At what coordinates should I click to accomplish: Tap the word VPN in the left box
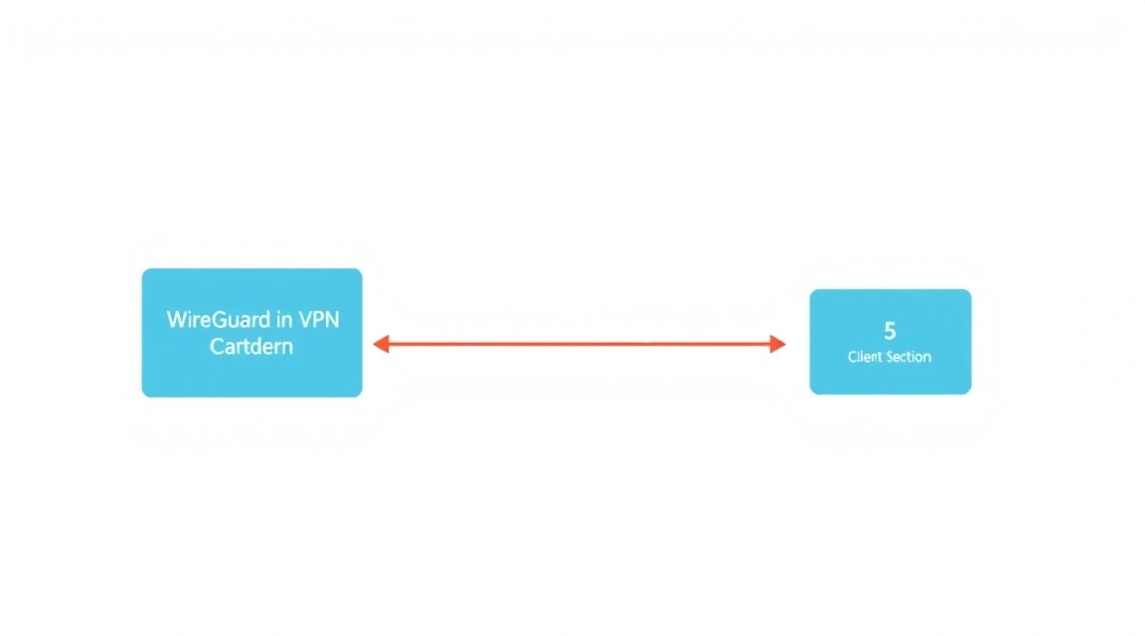319,320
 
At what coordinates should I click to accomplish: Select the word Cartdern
251,346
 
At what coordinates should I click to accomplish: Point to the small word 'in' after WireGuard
284,320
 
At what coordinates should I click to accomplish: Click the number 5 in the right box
890,332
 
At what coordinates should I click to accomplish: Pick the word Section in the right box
908,357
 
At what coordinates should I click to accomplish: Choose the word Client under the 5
865,357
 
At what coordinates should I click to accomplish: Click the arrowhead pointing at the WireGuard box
382,344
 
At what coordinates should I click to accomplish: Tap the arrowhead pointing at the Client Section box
777,344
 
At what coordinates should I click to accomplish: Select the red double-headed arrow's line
579,344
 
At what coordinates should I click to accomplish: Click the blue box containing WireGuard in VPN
251,333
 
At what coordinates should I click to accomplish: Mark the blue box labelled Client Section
891,342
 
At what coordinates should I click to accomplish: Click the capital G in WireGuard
219,320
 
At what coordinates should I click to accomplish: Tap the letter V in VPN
306,320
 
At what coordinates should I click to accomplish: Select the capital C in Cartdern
218,346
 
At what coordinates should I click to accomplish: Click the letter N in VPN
333,320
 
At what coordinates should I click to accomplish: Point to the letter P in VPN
320,320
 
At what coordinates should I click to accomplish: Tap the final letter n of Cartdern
287,349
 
